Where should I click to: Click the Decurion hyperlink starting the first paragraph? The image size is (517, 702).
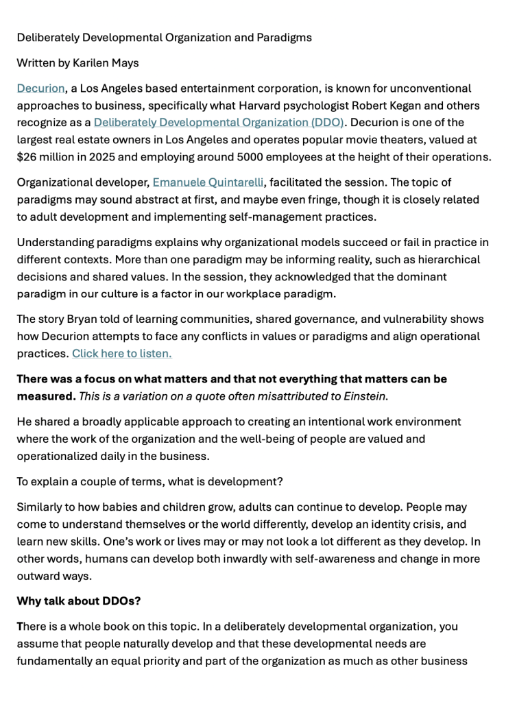(40, 88)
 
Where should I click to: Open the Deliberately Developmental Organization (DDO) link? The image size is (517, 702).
(219, 123)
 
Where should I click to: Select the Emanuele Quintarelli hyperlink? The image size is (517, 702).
(208, 183)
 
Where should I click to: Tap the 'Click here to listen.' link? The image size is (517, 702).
(122, 354)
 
